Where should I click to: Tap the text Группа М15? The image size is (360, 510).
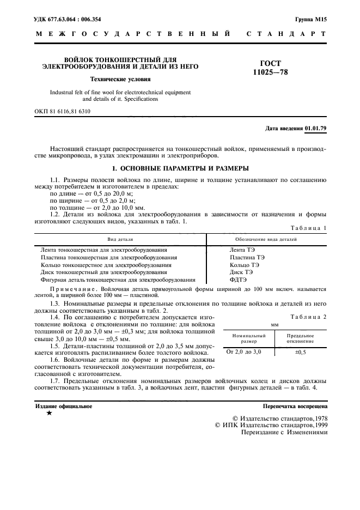click(311, 19)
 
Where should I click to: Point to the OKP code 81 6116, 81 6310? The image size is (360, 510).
click(63, 111)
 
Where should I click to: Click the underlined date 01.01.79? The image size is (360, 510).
click(315, 129)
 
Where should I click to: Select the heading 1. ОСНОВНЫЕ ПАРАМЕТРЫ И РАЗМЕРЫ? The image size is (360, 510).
click(180, 168)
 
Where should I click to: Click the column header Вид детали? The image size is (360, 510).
click(120, 239)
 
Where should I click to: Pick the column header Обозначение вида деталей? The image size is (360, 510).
click(266, 239)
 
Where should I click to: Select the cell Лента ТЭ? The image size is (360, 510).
click(242, 249)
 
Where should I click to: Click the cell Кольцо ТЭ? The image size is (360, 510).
click(245, 264)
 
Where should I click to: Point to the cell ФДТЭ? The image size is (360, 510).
click(239, 280)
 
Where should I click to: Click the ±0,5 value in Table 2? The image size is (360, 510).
click(301, 353)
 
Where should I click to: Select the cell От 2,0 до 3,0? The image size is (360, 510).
click(244, 353)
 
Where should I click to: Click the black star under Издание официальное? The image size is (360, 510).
click(50, 414)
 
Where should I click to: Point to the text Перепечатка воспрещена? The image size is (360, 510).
click(295, 406)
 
